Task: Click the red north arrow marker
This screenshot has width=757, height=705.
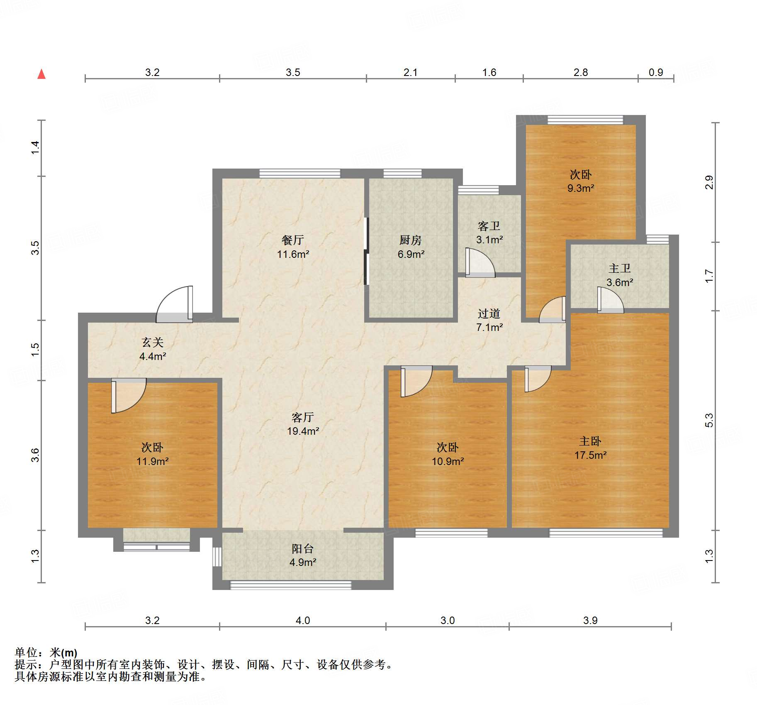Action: point(41,74)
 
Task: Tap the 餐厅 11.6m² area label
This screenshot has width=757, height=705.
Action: point(293,247)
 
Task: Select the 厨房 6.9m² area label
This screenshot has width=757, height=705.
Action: point(411,247)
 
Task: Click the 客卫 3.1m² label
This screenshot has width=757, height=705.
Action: point(489,233)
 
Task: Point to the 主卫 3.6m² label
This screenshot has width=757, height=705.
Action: point(620,275)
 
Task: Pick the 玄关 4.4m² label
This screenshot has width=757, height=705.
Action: point(153,349)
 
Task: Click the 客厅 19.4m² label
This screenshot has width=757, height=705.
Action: point(303,424)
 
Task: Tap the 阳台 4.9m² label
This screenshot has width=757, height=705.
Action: point(303,556)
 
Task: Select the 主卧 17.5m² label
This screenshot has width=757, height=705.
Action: point(590,448)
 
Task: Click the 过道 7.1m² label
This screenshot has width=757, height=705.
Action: point(489,320)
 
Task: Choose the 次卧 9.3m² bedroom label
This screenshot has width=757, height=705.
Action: point(581,181)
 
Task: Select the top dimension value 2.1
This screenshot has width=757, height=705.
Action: point(410,73)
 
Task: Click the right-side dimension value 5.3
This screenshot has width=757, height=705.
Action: point(709,420)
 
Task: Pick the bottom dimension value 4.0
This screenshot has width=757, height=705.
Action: point(303,620)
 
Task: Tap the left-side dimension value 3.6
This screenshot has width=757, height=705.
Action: point(36,455)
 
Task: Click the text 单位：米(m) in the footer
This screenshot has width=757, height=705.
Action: point(46,653)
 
